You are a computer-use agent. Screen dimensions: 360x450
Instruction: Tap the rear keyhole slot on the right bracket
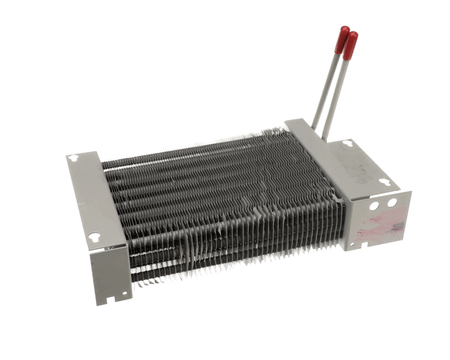pyautogui.click(x=348, y=143)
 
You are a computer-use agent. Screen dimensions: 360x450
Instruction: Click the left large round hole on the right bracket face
pyautogui.click(x=373, y=206)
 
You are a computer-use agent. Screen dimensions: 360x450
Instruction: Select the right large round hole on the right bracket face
pyautogui.click(x=392, y=202)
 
